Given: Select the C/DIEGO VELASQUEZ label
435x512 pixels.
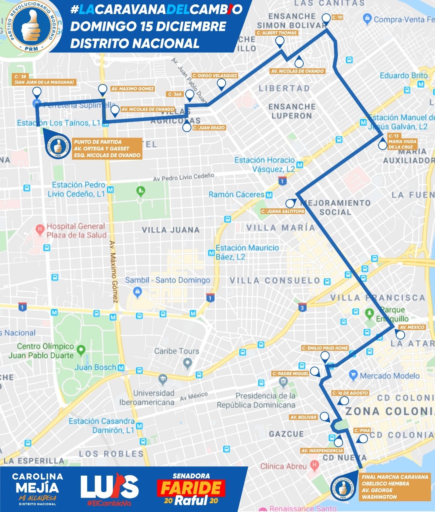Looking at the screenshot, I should point(214,76).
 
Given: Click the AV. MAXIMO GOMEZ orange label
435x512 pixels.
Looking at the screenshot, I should point(132,89).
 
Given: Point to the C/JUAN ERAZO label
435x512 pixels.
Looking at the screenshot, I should point(209,128).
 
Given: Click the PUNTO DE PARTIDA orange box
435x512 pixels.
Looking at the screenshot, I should point(107,148).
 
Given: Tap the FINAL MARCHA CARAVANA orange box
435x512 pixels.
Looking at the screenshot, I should point(395,487).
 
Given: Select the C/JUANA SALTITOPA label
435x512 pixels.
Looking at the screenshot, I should point(283,211).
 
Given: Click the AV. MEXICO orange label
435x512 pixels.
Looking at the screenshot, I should point(412,327).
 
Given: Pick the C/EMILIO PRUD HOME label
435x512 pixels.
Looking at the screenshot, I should point(325,348).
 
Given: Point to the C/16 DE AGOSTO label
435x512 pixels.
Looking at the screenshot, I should point(350,393).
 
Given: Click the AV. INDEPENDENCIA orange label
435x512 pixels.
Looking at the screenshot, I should point(322,451).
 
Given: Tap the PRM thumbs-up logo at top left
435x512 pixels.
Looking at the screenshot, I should point(30,26).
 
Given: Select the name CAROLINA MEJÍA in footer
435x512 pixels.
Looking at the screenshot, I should point(37,482).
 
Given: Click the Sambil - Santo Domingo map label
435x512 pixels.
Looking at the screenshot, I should point(167,280).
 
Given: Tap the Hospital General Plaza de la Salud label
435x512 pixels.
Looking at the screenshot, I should point(76,230).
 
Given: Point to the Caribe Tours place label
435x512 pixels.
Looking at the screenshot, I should point(176,351).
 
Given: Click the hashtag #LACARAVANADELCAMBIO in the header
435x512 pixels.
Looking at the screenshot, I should point(156,10).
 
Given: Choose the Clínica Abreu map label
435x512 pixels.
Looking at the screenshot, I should point(283,466).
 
